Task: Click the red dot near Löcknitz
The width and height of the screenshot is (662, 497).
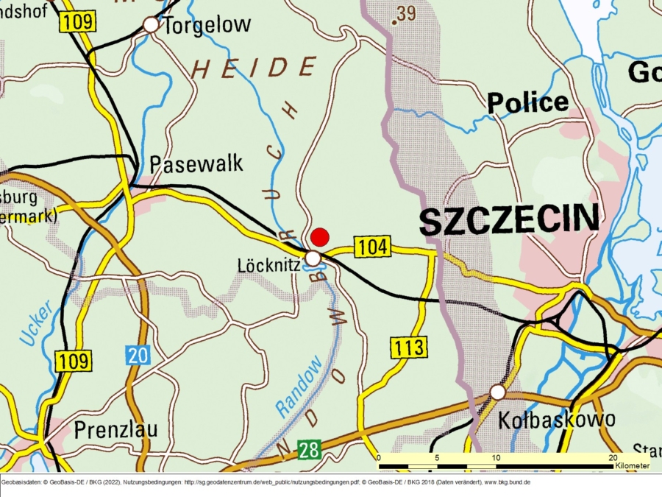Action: coord(319,237)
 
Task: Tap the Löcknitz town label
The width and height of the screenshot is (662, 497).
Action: coord(269,264)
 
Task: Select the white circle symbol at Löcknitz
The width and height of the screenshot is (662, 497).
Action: coord(313,258)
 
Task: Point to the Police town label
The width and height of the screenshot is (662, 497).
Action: coord(528,102)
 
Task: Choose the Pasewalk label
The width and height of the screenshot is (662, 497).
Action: coord(196,163)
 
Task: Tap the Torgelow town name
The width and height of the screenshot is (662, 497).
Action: coord(207,25)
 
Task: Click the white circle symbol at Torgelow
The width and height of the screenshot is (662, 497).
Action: coord(151,25)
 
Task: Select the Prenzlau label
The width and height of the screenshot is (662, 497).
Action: coord(115,429)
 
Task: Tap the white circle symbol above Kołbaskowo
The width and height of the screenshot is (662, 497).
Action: coord(498,392)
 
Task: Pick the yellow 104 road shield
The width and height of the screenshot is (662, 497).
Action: coord(374,247)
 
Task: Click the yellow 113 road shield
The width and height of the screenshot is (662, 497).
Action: coord(409,347)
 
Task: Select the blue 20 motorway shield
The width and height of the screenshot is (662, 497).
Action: coord(138,355)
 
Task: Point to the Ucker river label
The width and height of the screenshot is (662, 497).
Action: coord(36,323)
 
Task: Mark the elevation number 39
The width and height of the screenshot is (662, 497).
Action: coord(405,13)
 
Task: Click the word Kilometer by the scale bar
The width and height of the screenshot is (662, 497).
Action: coord(632,466)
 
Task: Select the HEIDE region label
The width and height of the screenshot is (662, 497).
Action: coord(255,68)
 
